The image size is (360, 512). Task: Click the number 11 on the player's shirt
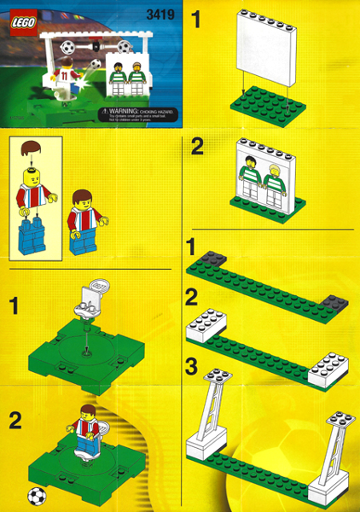tap(63, 74)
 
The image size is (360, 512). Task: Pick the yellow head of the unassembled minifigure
tap(33, 182)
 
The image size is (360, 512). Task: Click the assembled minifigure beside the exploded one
tap(82, 220)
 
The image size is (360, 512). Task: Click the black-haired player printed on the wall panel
tap(249, 177)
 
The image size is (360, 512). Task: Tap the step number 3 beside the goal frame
tap(193, 369)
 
